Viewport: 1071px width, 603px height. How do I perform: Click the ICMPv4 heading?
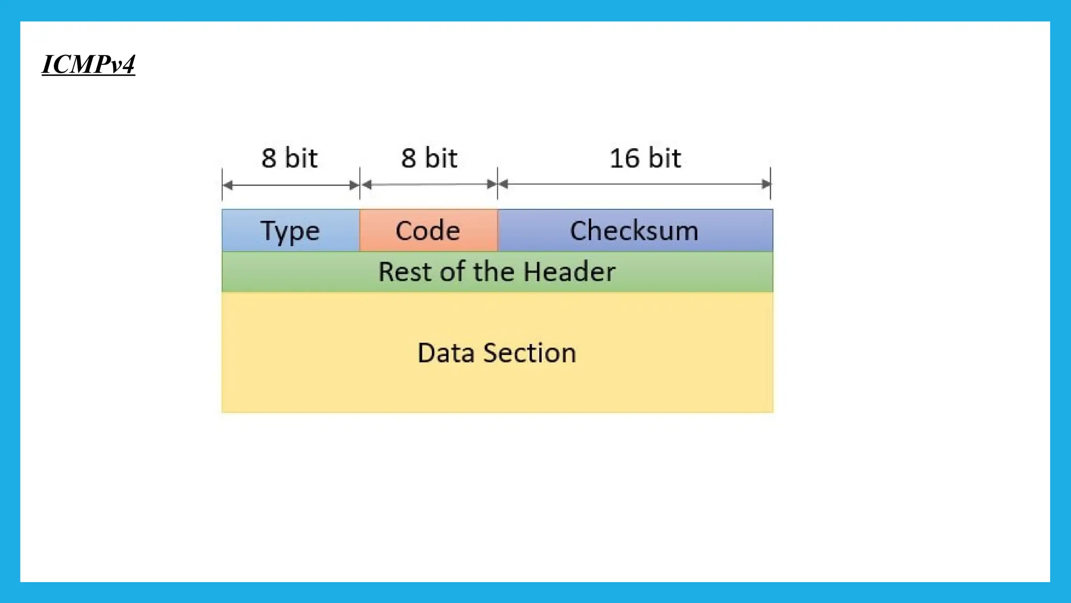click(x=88, y=65)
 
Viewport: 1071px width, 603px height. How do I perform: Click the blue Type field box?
click(x=291, y=230)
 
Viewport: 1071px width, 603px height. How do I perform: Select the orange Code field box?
click(x=428, y=230)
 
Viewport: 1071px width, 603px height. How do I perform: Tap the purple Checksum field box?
click(x=634, y=230)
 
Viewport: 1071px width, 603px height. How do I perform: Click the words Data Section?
click(x=497, y=353)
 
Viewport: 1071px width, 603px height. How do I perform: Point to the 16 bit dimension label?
click(x=645, y=158)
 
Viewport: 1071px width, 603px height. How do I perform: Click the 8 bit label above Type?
click(x=289, y=158)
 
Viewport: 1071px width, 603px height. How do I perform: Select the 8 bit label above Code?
click(x=429, y=158)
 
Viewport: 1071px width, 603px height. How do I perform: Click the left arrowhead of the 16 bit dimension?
click(x=503, y=184)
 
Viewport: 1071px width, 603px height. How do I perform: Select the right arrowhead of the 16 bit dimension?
click(x=766, y=184)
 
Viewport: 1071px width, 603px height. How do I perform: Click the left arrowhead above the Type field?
click(x=227, y=185)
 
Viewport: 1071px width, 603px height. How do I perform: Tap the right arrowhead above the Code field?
click(x=492, y=184)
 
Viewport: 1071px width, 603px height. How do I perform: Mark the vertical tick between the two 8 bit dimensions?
click(x=360, y=183)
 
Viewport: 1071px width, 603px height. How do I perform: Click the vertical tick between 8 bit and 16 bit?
click(x=497, y=183)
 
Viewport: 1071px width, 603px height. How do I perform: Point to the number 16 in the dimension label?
click(x=624, y=158)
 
